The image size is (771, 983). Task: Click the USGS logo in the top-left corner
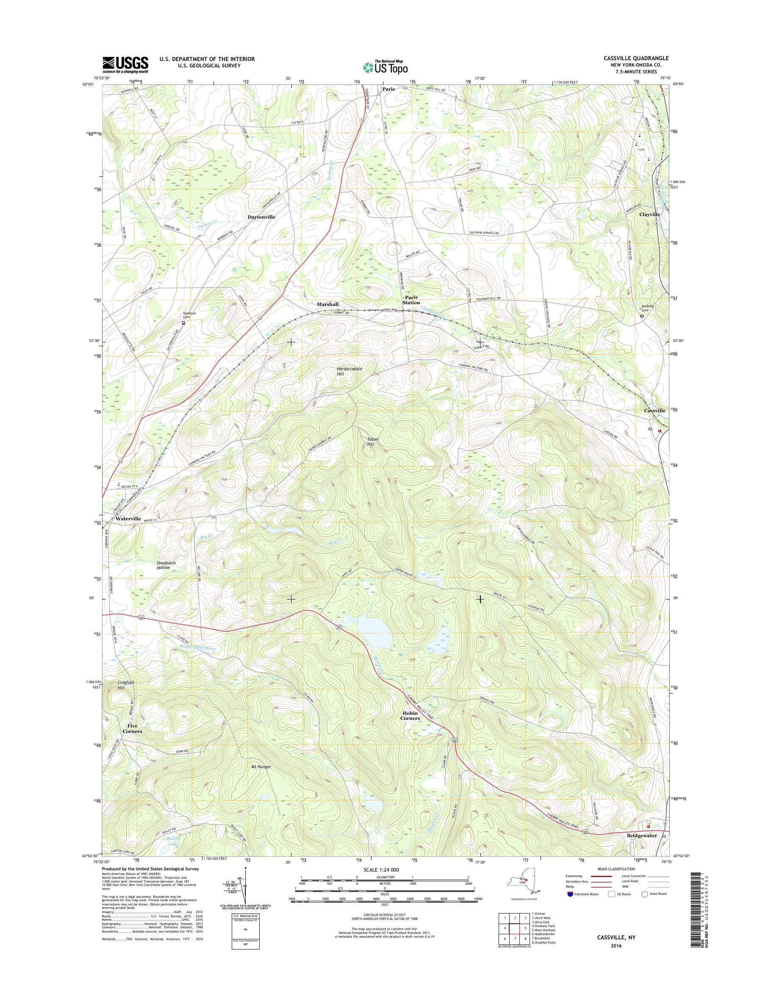click(x=125, y=65)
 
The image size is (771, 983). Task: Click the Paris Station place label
click(x=411, y=300)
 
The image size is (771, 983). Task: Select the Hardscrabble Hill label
click(x=349, y=371)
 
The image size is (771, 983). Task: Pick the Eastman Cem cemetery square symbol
click(x=183, y=323)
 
